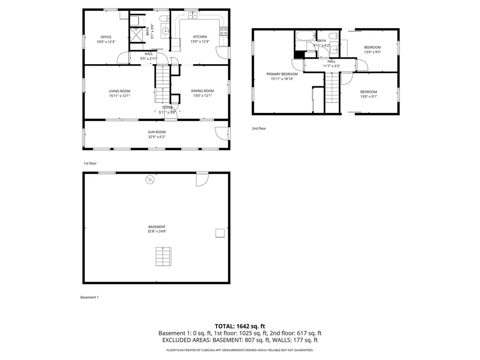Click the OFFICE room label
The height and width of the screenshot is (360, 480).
coord(106,37)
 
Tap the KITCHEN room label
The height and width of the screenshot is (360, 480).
coord(200,37)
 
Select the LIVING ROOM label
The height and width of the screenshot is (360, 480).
coord(120,91)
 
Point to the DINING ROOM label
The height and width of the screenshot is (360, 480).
coord(202,91)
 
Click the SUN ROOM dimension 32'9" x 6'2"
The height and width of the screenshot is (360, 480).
coord(157,137)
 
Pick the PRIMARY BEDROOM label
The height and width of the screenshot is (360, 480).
coord(282,74)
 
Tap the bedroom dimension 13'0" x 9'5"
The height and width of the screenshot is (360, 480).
coord(372,52)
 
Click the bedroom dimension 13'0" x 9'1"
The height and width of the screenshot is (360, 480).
coord(368,97)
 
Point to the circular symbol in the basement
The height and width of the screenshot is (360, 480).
coord(150,179)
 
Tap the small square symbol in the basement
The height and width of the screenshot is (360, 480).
coord(219,233)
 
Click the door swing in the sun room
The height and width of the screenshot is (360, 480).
coord(220,133)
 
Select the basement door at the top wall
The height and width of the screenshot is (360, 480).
coord(202,179)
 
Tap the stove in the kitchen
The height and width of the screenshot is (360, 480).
coord(224,32)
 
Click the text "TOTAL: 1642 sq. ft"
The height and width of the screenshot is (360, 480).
coord(240,326)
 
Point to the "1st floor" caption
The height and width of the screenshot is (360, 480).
coord(90,163)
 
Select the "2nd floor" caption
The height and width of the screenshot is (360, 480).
coord(259,128)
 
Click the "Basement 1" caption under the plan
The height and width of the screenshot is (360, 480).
coord(90,297)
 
